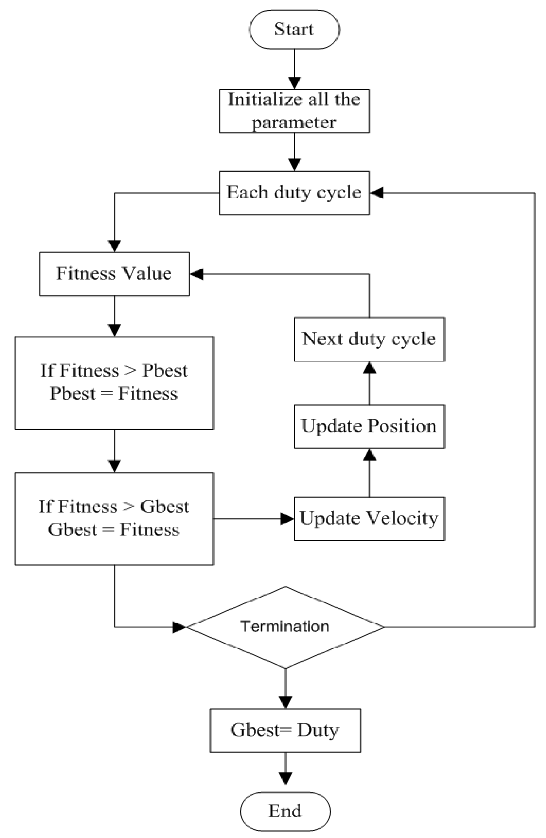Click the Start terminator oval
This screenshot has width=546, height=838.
[294, 29]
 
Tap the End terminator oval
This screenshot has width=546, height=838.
[285, 811]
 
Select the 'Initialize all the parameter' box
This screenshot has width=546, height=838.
[294, 111]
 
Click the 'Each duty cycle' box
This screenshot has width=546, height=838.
[294, 193]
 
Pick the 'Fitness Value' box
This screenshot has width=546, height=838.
[114, 274]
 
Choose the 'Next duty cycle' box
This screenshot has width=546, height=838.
[369, 339]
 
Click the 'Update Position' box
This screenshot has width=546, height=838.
[369, 426]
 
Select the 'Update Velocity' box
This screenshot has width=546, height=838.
[369, 519]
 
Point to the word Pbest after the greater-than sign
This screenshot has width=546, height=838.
[165, 370]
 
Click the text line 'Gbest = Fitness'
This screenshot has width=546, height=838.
[114, 530]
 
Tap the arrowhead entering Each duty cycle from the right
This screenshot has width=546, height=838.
[376, 193]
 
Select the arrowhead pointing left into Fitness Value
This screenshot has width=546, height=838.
[196, 274]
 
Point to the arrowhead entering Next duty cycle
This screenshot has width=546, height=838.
[369, 368]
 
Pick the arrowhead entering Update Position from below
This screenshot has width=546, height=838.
[369, 455]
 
